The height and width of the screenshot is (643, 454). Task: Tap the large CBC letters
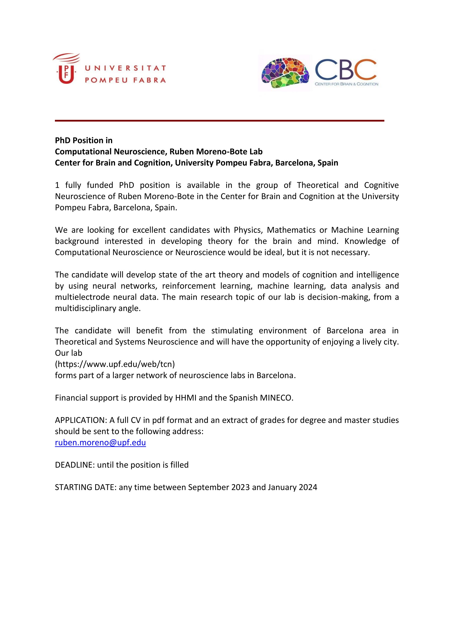346,69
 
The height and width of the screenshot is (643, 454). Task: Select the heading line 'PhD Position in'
84,140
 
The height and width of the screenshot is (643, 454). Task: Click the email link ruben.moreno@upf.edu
100,442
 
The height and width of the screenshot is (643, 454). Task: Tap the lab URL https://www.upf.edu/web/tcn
115,364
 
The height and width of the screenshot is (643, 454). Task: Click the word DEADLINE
74,465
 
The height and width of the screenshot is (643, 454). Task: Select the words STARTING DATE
86,487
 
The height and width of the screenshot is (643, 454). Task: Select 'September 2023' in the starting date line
219,487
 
